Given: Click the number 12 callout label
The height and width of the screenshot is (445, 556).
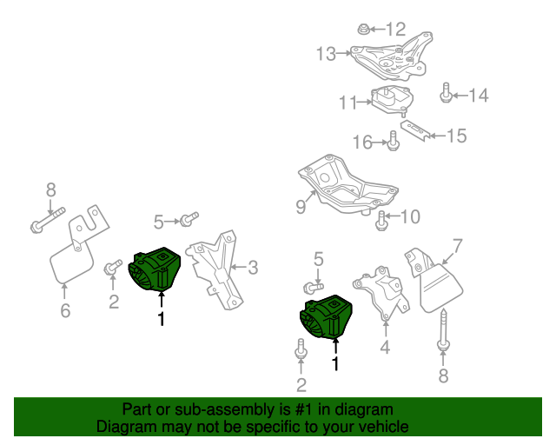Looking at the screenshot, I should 395,29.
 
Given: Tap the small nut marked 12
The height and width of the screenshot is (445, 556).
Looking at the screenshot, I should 362,30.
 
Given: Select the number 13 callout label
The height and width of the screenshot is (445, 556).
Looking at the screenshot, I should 326,55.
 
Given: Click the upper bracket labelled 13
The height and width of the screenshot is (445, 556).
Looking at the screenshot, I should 391,53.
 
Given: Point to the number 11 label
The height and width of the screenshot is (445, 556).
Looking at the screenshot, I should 348,103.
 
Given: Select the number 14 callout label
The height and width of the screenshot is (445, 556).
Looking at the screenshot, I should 479,96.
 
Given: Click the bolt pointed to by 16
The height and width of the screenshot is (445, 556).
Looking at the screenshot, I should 393,139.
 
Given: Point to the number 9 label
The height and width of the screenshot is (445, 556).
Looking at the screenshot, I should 301,206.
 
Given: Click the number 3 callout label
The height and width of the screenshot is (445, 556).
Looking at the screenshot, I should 253,267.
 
